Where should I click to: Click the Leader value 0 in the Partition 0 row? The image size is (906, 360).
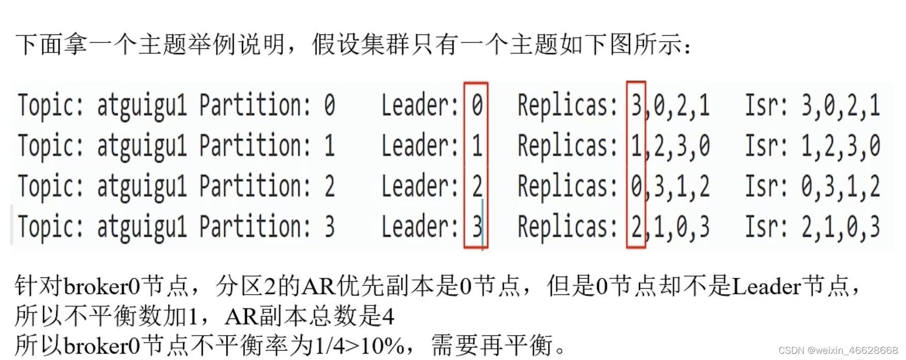(477, 106)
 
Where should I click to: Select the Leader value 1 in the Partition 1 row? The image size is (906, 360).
(477, 146)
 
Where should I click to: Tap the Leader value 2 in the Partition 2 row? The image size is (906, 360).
(477, 186)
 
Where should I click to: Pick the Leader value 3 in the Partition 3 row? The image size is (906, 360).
(477, 226)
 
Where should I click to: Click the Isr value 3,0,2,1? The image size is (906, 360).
(840, 106)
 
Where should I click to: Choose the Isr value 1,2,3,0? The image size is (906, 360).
(840, 146)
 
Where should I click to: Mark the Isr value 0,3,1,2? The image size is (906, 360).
(840, 186)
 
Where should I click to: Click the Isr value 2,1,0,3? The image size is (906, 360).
(840, 226)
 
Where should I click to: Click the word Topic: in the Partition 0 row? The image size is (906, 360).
(50, 106)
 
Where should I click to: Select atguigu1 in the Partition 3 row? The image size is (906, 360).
(141, 226)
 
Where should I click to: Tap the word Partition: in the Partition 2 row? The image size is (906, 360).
(255, 186)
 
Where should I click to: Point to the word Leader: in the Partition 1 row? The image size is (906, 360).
(419, 146)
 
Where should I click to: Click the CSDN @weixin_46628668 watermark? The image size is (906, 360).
(838, 351)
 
